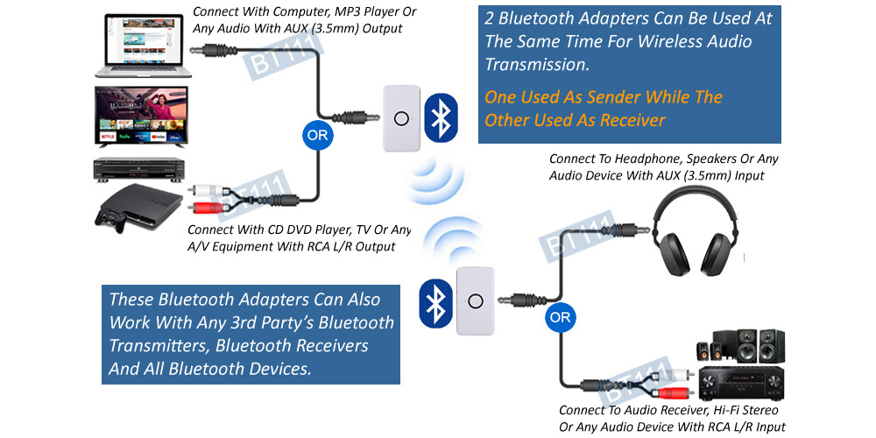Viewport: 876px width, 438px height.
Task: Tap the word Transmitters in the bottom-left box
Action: [x=158, y=345]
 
